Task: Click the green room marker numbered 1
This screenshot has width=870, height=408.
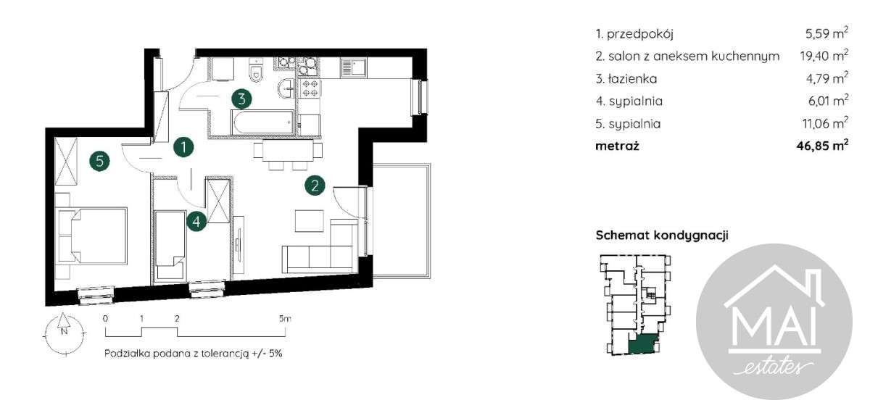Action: (183, 147)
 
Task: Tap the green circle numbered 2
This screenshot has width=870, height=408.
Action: (315, 186)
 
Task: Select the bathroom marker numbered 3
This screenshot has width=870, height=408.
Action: (241, 99)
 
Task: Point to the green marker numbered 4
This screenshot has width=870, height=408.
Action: (196, 222)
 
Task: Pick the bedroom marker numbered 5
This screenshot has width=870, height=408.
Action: (100, 161)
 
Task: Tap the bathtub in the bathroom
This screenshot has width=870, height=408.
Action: (262, 122)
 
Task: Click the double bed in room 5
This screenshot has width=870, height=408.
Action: (93, 236)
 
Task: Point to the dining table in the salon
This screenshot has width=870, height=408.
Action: (288, 150)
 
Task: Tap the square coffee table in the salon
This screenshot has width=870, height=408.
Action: (309, 221)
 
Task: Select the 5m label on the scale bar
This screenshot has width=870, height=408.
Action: (285, 319)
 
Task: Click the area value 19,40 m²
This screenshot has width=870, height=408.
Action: (824, 56)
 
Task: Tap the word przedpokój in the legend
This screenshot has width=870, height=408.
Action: (639, 34)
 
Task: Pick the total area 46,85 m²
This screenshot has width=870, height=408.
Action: (822, 146)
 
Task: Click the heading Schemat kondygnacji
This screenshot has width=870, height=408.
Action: (662, 236)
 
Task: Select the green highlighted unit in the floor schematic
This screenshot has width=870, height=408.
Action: (643, 344)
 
